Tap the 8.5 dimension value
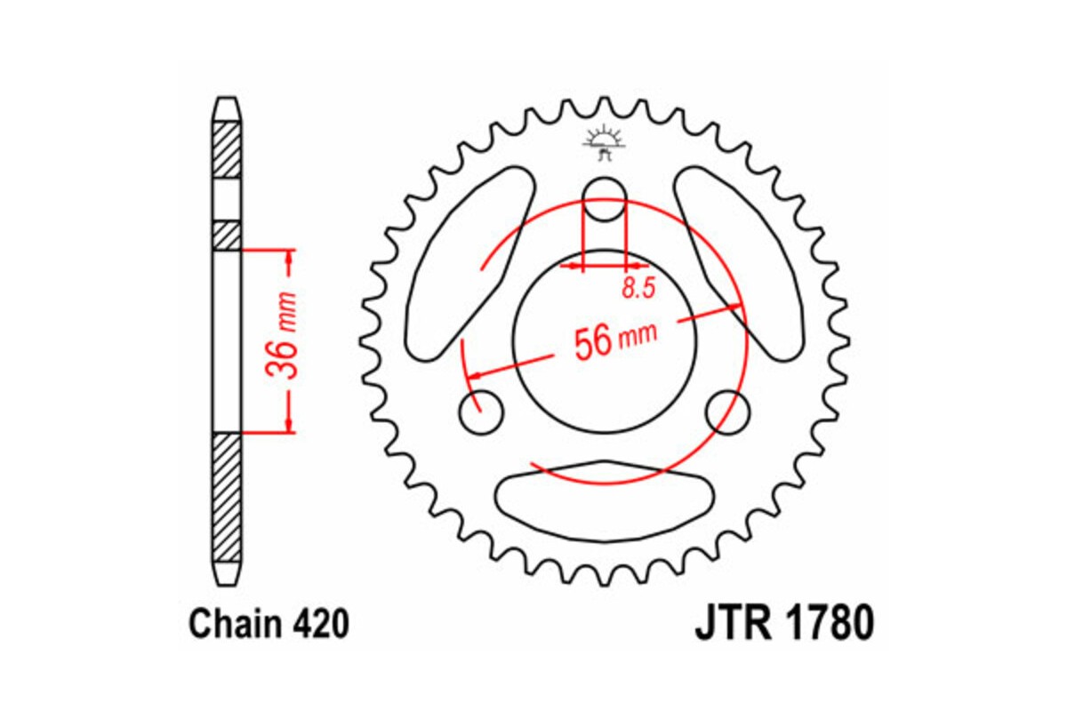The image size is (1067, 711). [x=638, y=287]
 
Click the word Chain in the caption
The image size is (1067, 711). [x=234, y=625]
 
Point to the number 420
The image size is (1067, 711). [x=317, y=625]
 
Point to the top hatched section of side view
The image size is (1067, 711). [x=227, y=151]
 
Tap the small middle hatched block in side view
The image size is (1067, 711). [x=227, y=236]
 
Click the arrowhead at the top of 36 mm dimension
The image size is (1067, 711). [x=289, y=258]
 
